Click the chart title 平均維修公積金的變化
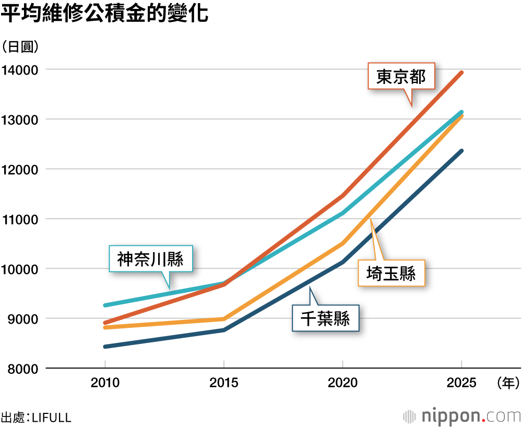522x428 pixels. (105, 14)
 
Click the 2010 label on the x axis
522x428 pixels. (105, 383)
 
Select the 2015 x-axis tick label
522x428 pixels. (224, 383)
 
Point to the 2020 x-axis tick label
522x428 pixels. (342, 383)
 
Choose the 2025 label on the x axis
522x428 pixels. (461, 383)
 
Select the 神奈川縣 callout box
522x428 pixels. (150, 259)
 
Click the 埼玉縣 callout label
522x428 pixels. (391, 273)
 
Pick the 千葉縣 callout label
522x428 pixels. (326, 317)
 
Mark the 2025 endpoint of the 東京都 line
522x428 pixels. (461, 73)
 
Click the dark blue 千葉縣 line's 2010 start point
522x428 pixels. (105, 347)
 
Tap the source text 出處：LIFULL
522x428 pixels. (36, 418)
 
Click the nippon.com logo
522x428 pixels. (462, 416)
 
